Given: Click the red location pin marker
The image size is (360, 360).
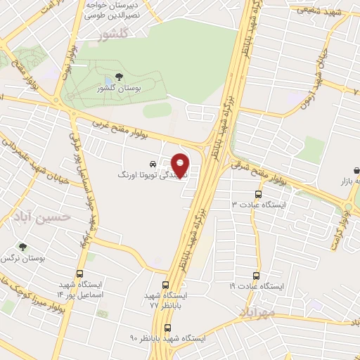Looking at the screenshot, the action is (181, 165).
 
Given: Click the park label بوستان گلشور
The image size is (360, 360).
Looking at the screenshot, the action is (117, 90).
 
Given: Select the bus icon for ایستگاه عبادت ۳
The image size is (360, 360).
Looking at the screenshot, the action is (258, 193).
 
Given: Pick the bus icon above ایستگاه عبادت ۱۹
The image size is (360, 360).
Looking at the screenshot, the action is (257, 276).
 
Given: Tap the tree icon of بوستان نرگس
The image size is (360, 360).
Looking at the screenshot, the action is (22, 247).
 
